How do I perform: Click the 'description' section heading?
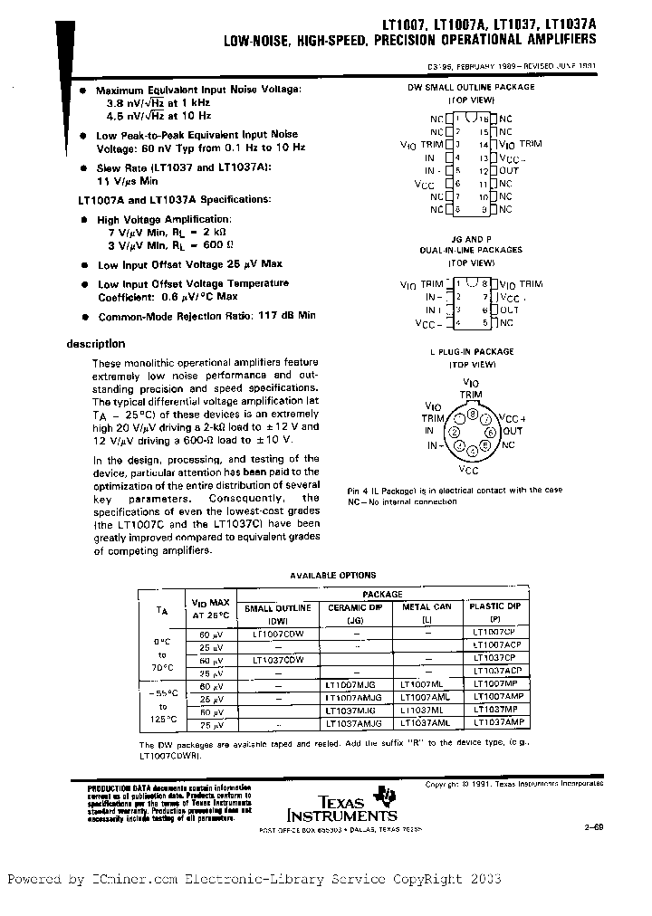click(96, 344)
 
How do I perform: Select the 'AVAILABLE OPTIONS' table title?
click(332, 575)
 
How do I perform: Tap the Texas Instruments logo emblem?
click(388, 795)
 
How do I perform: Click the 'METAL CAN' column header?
click(426, 607)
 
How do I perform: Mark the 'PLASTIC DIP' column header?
click(494, 606)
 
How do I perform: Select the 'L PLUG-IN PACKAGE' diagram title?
click(471, 351)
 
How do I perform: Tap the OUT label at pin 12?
click(509, 170)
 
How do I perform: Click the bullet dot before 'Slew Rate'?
click(84, 168)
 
